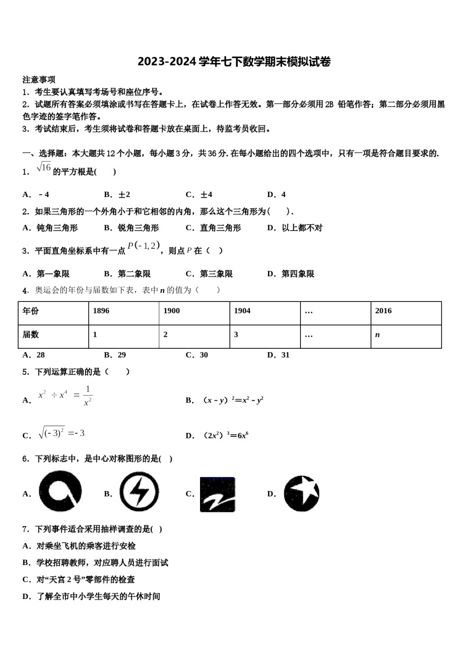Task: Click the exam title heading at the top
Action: [x=234, y=62]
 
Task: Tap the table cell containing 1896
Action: [x=124, y=313]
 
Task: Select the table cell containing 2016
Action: [x=405, y=313]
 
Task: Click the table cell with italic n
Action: [x=405, y=336]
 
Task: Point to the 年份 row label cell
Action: [x=53, y=313]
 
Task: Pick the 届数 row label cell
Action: [x=53, y=336]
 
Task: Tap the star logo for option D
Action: [x=301, y=493]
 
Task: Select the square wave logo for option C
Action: [x=217, y=494]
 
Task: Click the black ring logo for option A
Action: [x=60, y=492]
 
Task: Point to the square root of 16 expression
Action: [x=44, y=167]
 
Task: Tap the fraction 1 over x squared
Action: [x=88, y=396]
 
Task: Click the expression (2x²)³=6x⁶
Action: [x=226, y=435]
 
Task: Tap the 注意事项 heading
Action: [x=39, y=79]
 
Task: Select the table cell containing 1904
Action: [x=265, y=313]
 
